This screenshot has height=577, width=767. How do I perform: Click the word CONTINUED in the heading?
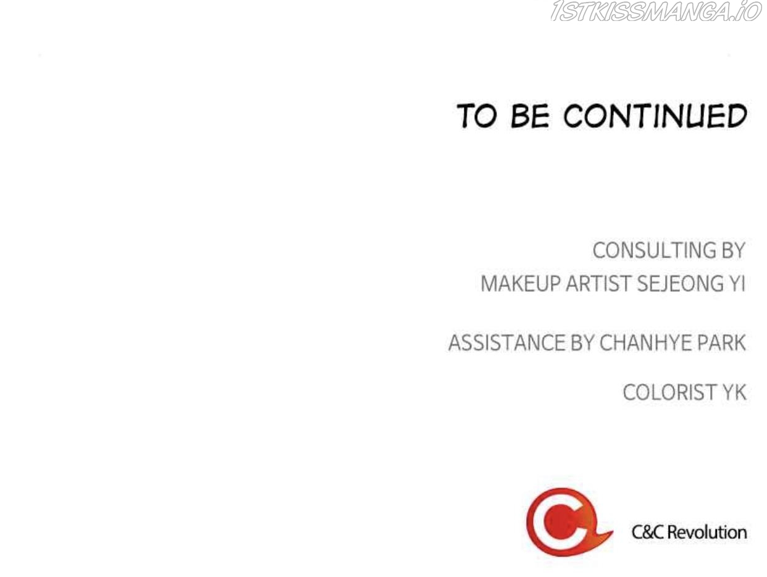(655, 115)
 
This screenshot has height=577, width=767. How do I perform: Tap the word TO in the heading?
(476, 115)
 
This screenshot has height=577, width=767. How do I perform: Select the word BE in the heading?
(530, 115)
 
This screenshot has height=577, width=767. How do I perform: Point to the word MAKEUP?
(521, 283)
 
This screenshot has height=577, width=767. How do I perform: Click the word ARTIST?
(598, 283)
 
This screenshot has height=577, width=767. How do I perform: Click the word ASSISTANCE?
(506, 342)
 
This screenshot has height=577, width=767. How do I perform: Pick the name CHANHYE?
(645, 342)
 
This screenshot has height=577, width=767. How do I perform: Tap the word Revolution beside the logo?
(707, 532)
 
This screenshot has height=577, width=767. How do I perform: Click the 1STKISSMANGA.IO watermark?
(656, 12)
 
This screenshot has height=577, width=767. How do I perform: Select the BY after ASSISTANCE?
(582, 342)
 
